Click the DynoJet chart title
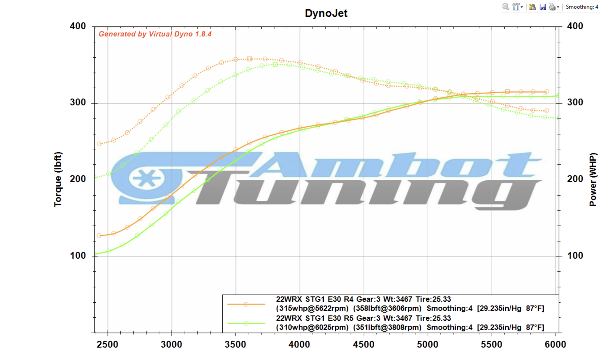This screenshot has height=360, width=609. point(326,13)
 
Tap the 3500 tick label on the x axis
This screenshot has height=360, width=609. point(235,344)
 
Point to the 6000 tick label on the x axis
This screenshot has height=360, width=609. point(555,344)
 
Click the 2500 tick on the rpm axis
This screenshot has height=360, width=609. point(107,344)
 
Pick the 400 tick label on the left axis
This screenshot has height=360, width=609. point(78,26)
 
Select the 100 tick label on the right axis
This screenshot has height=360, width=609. point(575,256)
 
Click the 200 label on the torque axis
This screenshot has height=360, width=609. point(78,179)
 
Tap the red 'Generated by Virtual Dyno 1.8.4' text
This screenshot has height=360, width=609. point(155,34)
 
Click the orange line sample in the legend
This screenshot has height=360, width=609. point(246,304)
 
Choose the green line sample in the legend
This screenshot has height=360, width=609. point(246,323)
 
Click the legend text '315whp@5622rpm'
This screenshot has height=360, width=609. point(312,309)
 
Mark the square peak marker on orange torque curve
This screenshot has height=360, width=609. point(249,59)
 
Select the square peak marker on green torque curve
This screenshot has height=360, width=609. point(275,64)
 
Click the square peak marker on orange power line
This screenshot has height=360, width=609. point(507,92)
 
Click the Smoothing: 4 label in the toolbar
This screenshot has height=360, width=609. point(582,7)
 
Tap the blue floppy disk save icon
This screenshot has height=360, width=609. point(542,7)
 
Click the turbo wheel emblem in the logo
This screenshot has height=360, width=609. point(147,178)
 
